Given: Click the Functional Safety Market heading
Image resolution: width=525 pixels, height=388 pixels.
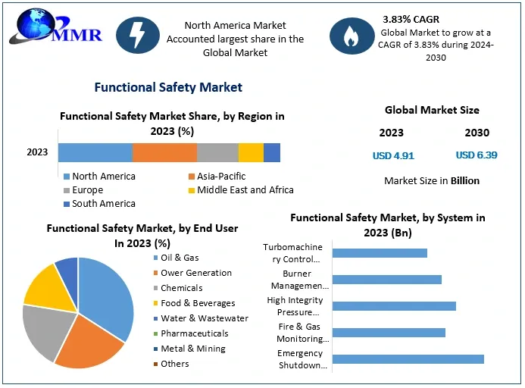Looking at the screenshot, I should (x=168, y=87).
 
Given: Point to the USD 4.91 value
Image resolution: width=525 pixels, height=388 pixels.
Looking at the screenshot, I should (x=393, y=155).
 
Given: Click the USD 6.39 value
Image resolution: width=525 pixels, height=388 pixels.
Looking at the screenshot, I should (x=477, y=155).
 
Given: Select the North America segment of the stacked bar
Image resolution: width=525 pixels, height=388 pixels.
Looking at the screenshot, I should (x=95, y=152).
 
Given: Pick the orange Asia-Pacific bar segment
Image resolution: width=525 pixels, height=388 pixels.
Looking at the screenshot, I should (x=164, y=152).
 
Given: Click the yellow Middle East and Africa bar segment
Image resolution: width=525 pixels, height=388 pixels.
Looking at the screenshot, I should (x=251, y=152).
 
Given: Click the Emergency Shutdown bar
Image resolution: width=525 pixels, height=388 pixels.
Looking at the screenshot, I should (x=408, y=359).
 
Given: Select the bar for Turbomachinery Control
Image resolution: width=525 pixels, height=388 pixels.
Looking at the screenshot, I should (x=380, y=253).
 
